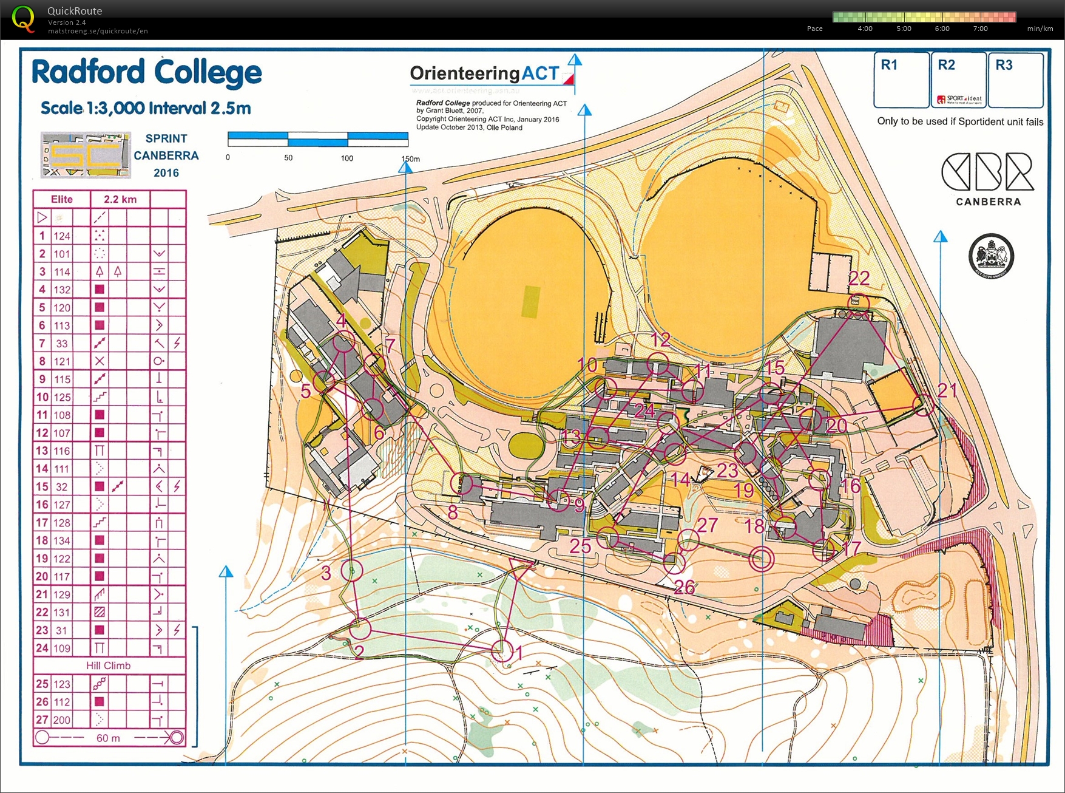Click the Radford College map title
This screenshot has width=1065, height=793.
(x=146, y=73)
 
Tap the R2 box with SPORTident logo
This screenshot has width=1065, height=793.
(x=958, y=80)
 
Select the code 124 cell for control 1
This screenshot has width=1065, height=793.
(x=62, y=236)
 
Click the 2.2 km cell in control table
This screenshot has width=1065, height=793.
(x=120, y=199)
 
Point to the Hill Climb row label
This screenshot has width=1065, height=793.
(x=108, y=665)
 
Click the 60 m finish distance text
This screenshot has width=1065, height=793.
(x=108, y=738)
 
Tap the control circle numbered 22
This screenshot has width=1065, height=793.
(x=858, y=302)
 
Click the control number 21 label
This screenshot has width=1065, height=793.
(x=947, y=390)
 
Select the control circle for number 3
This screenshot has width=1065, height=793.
(x=352, y=570)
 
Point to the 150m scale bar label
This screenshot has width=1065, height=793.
(x=410, y=158)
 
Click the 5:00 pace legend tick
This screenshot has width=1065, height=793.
(x=904, y=29)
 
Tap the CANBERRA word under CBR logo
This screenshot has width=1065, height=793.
(x=988, y=202)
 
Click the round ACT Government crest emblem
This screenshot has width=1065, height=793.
(x=991, y=256)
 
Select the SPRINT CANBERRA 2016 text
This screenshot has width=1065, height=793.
(x=166, y=155)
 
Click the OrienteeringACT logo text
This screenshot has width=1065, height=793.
(x=484, y=73)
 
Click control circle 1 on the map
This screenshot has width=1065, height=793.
(x=502, y=650)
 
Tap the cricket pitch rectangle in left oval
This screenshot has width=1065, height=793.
(x=530, y=301)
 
